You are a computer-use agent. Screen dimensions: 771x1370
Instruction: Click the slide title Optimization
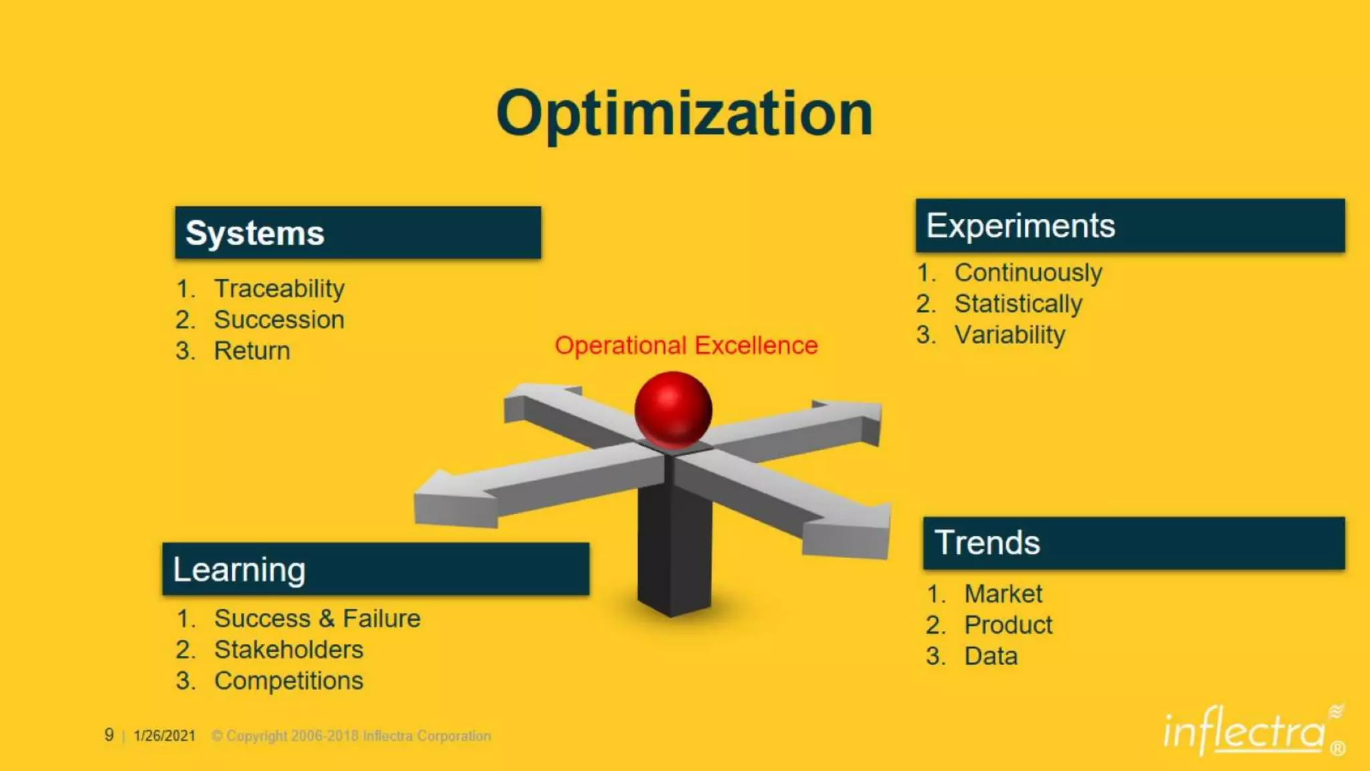tap(684, 114)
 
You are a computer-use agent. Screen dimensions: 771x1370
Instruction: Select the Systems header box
tap(358, 233)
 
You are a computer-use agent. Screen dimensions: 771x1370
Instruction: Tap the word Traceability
tap(279, 288)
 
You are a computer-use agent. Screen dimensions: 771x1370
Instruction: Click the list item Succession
tap(279, 320)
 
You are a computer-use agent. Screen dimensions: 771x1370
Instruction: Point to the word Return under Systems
tap(252, 351)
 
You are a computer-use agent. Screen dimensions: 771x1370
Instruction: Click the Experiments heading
tap(1020, 226)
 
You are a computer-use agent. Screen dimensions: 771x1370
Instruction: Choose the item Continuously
tap(1028, 272)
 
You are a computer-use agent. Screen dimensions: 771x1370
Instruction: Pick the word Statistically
tap(1018, 304)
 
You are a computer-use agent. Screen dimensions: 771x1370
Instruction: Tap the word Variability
tap(1009, 335)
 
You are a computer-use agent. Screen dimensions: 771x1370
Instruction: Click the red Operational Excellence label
tap(686, 345)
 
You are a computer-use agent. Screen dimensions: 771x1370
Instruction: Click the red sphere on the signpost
tap(673, 410)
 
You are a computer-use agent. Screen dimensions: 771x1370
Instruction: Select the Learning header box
tap(375, 570)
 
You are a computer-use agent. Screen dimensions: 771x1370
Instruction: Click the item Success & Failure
tap(317, 618)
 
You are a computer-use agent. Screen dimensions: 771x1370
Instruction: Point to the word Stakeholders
tap(288, 650)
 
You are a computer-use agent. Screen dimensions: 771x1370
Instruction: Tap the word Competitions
tap(288, 681)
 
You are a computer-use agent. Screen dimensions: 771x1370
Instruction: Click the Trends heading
tap(987, 543)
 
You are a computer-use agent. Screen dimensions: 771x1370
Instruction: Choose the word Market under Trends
tap(1003, 594)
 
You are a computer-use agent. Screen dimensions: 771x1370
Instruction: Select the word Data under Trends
tap(991, 656)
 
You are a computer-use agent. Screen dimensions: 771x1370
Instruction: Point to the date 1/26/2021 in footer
tap(165, 736)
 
